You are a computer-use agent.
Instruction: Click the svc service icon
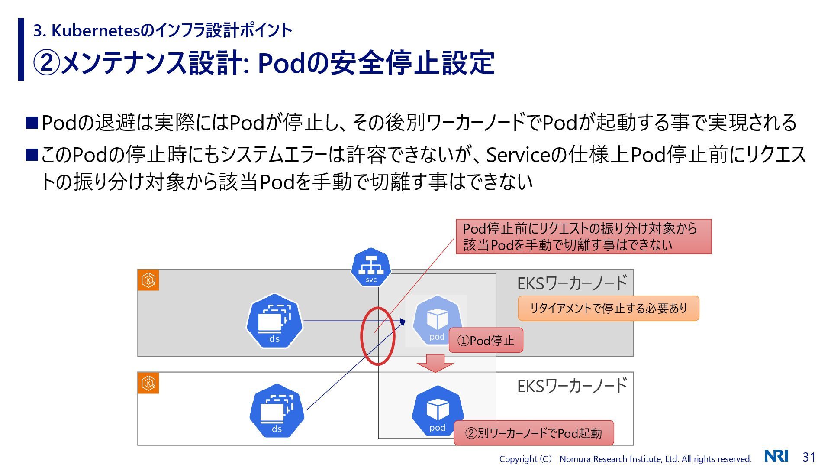click(371, 267)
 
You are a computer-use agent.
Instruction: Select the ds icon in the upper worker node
click(274, 321)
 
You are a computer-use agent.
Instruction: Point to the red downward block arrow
click(435, 363)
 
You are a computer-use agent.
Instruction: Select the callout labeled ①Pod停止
click(486, 340)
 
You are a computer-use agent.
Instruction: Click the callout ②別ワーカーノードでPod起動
click(533, 433)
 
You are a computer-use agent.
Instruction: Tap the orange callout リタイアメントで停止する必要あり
click(608, 308)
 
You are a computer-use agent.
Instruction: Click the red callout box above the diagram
click(583, 237)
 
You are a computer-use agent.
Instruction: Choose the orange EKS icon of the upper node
click(148, 280)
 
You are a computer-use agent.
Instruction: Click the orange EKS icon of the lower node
click(148, 383)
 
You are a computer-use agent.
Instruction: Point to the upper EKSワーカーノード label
click(572, 283)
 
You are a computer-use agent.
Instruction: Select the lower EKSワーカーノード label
click(572, 386)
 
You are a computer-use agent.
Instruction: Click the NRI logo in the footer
click(776, 456)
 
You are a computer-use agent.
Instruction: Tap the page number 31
click(809, 457)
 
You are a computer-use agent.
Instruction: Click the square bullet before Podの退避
click(32, 123)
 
